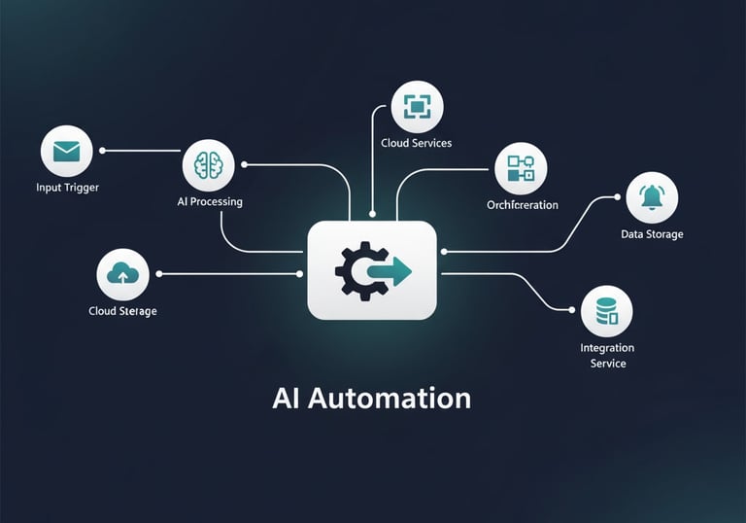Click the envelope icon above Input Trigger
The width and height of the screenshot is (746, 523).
(66, 152)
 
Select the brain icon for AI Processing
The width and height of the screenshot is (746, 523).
(208, 165)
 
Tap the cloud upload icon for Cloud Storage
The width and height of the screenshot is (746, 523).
(122, 274)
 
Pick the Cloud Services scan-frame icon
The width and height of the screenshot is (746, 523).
(417, 106)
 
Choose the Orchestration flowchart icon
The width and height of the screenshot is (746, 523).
(521, 168)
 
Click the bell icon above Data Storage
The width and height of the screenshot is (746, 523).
(652, 197)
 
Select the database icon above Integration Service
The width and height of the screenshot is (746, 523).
(606, 311)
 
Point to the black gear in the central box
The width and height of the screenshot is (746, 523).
(352, 269)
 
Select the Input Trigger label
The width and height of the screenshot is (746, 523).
(67, 187)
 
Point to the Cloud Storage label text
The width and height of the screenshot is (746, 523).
(122, 311)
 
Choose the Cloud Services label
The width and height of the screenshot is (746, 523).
(417, 143)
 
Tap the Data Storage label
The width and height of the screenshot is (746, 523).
(652, 234)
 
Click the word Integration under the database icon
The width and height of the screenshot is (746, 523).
(607, 348)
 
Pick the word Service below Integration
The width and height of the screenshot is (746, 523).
(607, 364)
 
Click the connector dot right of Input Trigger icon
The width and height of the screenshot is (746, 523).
(102, 151)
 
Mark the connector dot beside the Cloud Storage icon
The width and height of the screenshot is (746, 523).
(158, 274)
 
